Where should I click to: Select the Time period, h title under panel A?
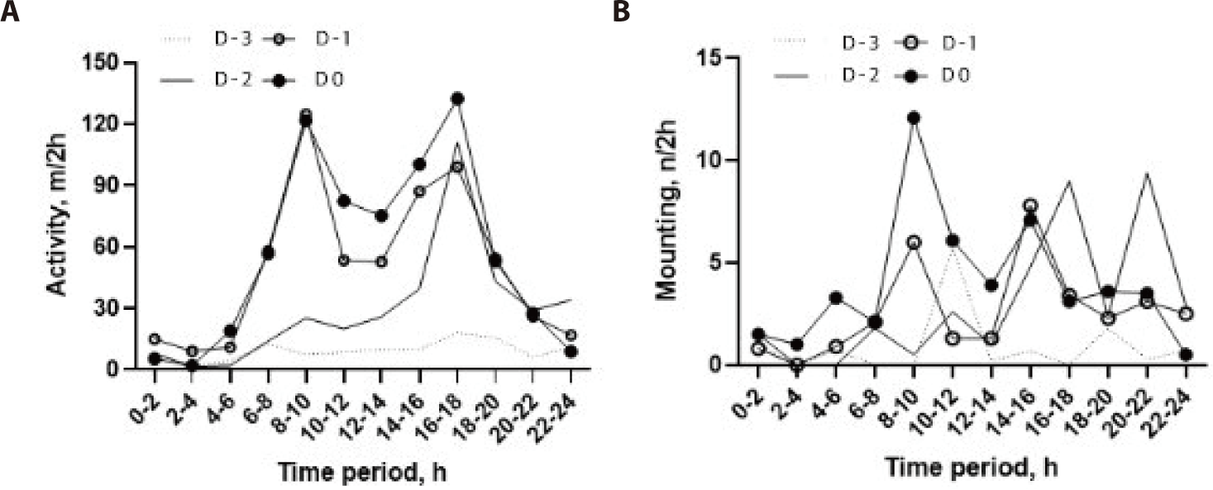tap(362, 473)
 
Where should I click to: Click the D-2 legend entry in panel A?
tap(211, 79)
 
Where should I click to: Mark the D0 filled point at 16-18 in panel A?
tap(457, 98)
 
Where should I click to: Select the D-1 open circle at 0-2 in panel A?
tap(153, 339)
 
